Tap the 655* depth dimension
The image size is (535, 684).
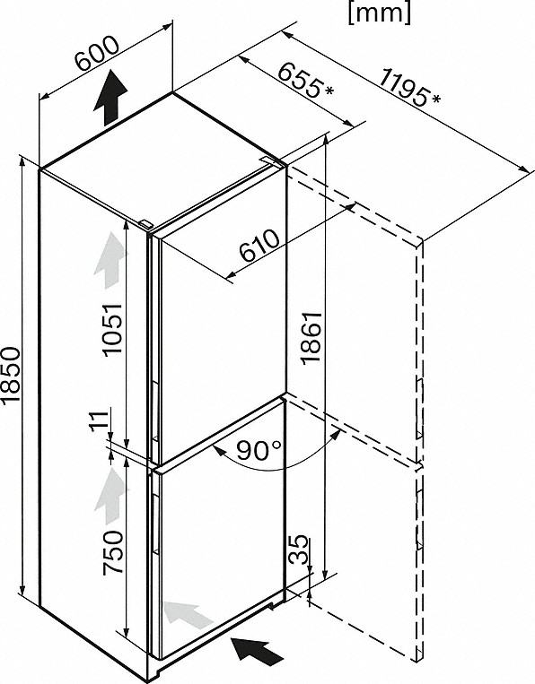pos(305,80)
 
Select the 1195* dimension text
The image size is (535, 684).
pos(408,88)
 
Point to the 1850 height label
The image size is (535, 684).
pos(10,375)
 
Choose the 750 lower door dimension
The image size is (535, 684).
pos(112,553)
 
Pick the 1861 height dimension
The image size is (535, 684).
pos(311,336)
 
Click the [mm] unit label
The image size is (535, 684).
pos(380,13)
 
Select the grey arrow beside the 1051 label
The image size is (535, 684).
pos(110,261)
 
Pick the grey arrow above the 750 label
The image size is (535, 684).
pos(110,496)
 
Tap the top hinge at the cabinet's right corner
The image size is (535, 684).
pos(272,160)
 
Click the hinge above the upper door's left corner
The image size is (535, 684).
pos(146,224)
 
